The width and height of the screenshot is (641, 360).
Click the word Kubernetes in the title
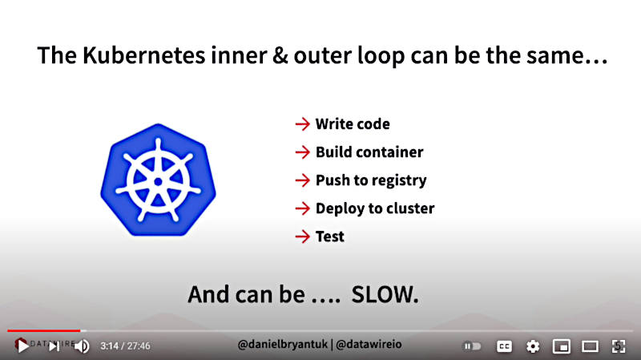[x=143, y=55]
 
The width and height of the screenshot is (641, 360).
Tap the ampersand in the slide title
[x=280, y=55]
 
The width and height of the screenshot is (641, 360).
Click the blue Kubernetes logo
[x=158, y=180]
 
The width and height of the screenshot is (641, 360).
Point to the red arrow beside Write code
[x=303, y=124]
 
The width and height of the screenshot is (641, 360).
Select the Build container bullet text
[x=369, y=152]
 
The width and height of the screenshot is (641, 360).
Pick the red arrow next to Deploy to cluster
[x=303, y=208]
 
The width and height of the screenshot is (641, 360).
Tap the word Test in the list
[x=330, y=237]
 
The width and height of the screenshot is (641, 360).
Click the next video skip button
[x=54, y=346]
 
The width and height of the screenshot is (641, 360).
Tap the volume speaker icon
[x=82, y=346]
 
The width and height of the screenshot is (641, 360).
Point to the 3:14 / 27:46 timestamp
[x=126, y=346]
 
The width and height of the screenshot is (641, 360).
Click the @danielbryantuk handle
[x=283, y=345]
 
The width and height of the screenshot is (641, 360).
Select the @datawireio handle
[x=369, y=345]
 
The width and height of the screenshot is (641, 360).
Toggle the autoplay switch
[x=472, y=346]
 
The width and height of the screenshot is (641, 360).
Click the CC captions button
[x=504, y=346]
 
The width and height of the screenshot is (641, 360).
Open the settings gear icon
[x=533, y=346]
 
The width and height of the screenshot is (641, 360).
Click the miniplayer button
[x=562, y=346]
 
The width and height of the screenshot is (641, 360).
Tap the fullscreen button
[x=619, y=346]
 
